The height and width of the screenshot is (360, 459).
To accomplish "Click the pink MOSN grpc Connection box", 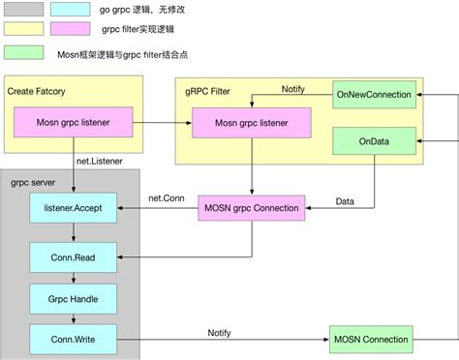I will (x=252, y=207).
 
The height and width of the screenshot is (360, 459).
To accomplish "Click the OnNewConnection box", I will (x=373, y=95).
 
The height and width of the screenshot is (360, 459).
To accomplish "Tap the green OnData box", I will (x=373, y=140).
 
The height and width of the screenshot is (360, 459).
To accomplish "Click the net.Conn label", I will (x=168, y=198).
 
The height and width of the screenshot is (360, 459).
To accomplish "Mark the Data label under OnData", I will (x=345, y=201).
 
